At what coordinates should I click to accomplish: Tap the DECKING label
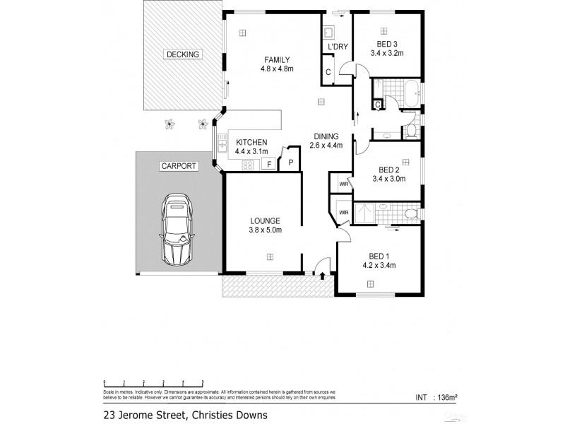(183, 54)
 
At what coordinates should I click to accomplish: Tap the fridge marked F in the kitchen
(268, 165)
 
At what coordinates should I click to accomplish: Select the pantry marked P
(289, 163)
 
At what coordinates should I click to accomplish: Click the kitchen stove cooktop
(248, 165)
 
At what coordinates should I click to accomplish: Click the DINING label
(326, 136)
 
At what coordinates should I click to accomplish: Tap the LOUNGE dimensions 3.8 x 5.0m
(264, 230)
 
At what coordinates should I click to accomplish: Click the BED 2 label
(389, 170)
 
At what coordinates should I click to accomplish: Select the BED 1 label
(379, 256)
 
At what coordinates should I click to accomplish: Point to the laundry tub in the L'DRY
(329, 33)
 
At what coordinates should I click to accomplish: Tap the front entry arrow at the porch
(323, 275)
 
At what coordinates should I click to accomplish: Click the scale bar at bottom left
(152, 382)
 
